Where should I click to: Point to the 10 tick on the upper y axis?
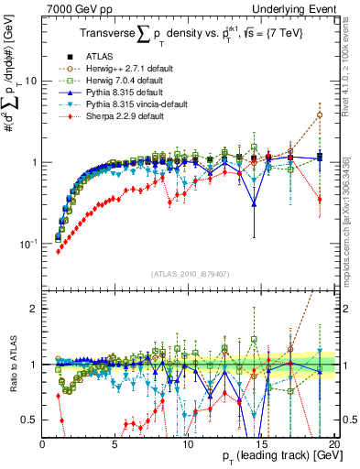click(32, 81)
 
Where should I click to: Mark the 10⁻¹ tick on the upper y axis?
click(27, 244)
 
